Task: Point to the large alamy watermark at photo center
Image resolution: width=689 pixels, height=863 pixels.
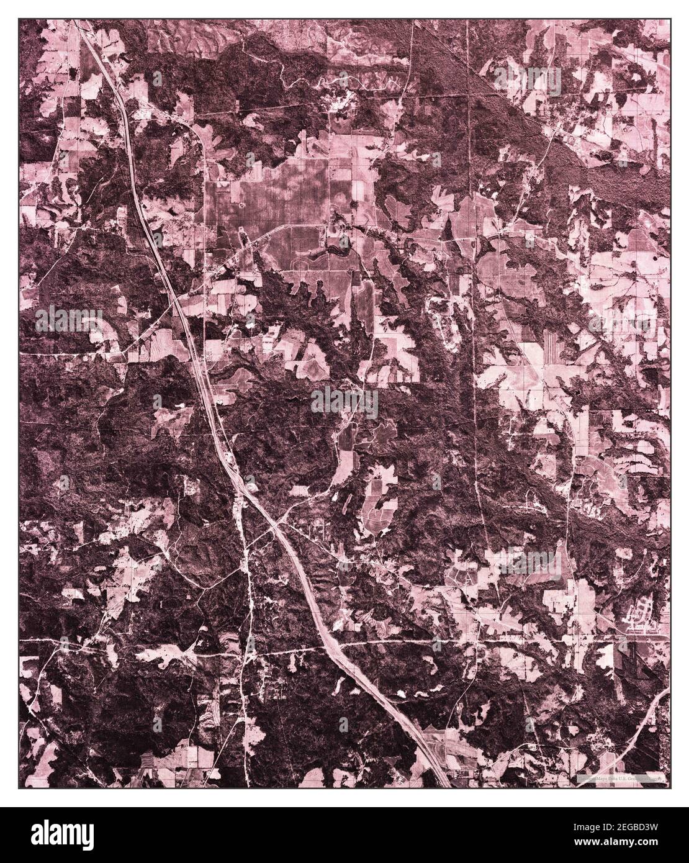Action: point(344,402)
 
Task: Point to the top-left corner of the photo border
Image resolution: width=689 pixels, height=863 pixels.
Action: point(19,19)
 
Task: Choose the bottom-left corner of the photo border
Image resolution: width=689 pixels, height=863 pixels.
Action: point(19,789)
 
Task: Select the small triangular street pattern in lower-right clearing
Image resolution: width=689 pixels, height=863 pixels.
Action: point(462,577)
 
